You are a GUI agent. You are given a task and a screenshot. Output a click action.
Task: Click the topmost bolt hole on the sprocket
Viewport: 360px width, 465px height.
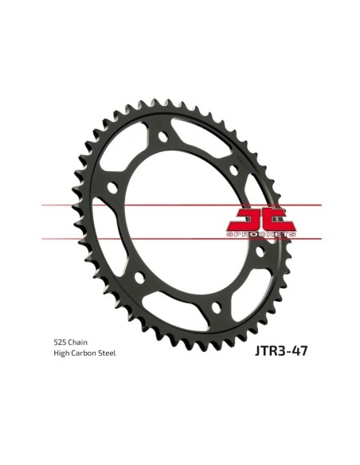pyautogui.click(x=162, y=136)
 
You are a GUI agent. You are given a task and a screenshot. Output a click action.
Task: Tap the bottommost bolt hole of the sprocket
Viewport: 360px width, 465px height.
pyautogui.click(x=216, y=307)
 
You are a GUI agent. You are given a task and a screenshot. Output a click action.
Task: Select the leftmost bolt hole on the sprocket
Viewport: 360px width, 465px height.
pyautogui.click(x=112, y=188)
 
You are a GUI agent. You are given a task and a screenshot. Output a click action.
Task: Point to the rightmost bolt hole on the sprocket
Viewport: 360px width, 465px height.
pyautogui.click(x=260, y=252)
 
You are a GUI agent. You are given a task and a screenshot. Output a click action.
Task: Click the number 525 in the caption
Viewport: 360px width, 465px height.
pyautogui.click(x=60, y=342)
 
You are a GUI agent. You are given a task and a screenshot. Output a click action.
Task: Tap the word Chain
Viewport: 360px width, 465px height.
pyautogui.click(x=78, y=342)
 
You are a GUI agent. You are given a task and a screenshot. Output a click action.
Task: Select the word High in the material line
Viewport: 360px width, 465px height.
pyautogui.click(x=61, y=354)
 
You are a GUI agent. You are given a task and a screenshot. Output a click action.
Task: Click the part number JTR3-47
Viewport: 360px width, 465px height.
pyautogui.click(x=281, y=350)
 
